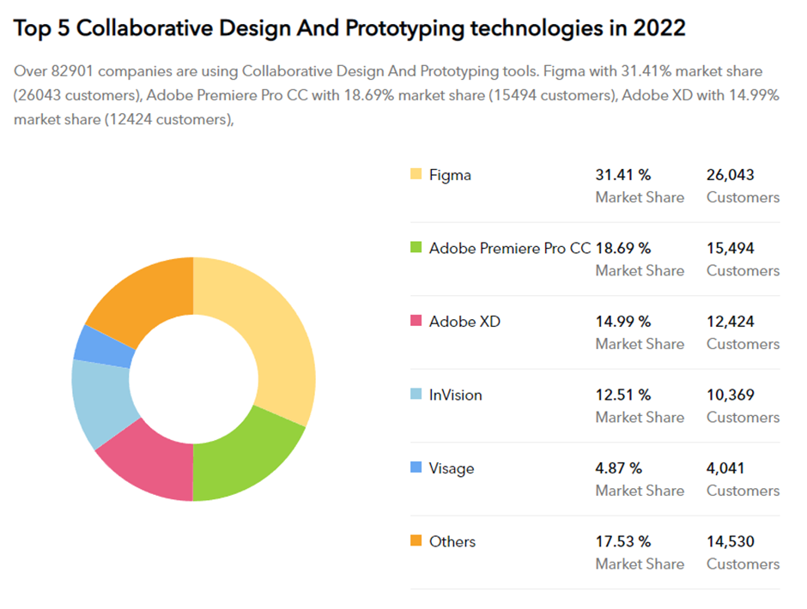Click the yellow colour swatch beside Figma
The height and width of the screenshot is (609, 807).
tap(416, 175)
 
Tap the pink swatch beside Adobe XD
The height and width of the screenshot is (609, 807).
tap(416, 322)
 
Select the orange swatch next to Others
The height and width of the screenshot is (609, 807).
tap(416, 541)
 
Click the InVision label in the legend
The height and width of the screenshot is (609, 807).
tap(456, 395)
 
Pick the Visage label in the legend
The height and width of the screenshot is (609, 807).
tap(452, 468)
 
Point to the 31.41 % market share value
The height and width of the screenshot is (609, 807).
tap(623, 175)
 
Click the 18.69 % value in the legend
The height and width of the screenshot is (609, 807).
tap(623, 248)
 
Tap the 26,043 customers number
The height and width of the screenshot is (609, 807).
tap(731, 175)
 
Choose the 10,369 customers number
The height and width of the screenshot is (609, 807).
tap(731, 395)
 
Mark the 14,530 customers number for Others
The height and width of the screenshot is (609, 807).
tap(731, 541)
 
